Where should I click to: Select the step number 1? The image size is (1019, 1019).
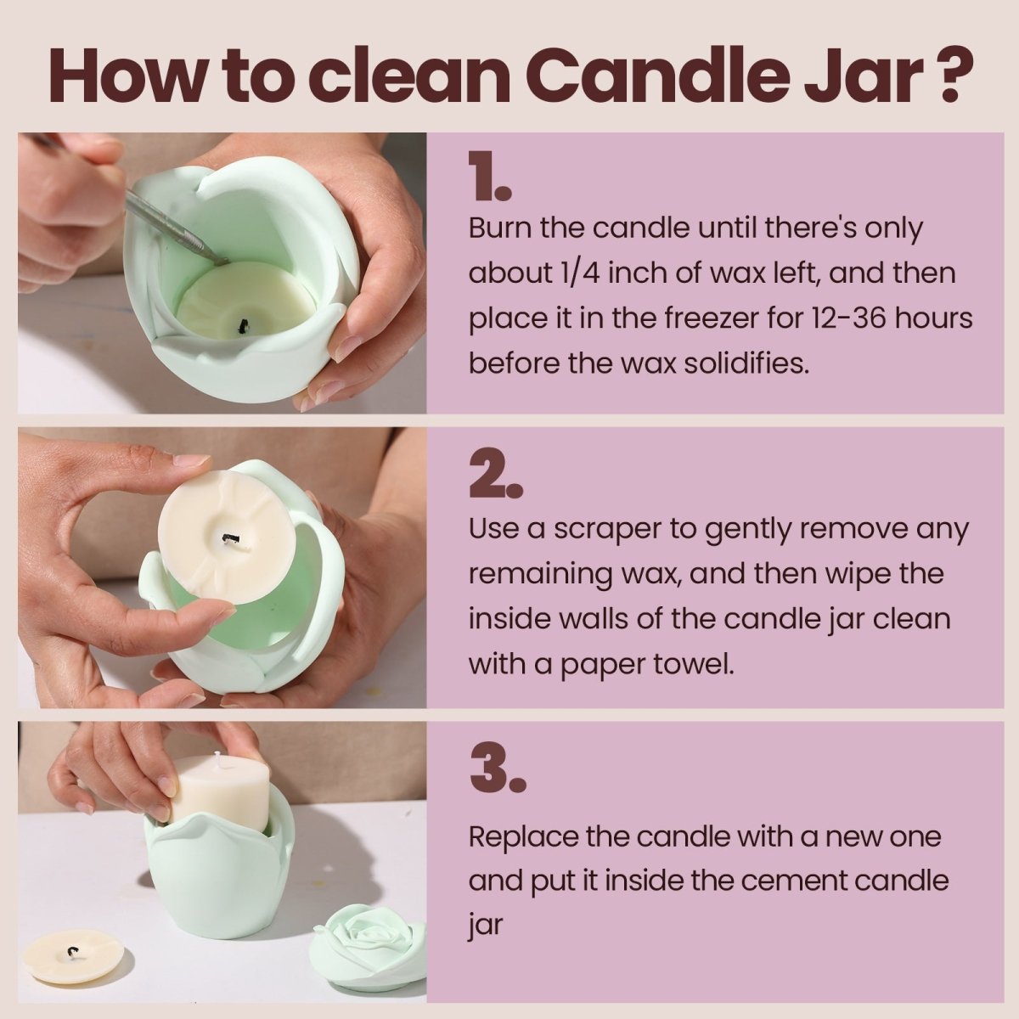[x=489, y=179]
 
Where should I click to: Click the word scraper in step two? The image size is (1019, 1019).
[x=607, y=529]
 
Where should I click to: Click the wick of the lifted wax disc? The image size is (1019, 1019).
[x=228, y=538]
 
